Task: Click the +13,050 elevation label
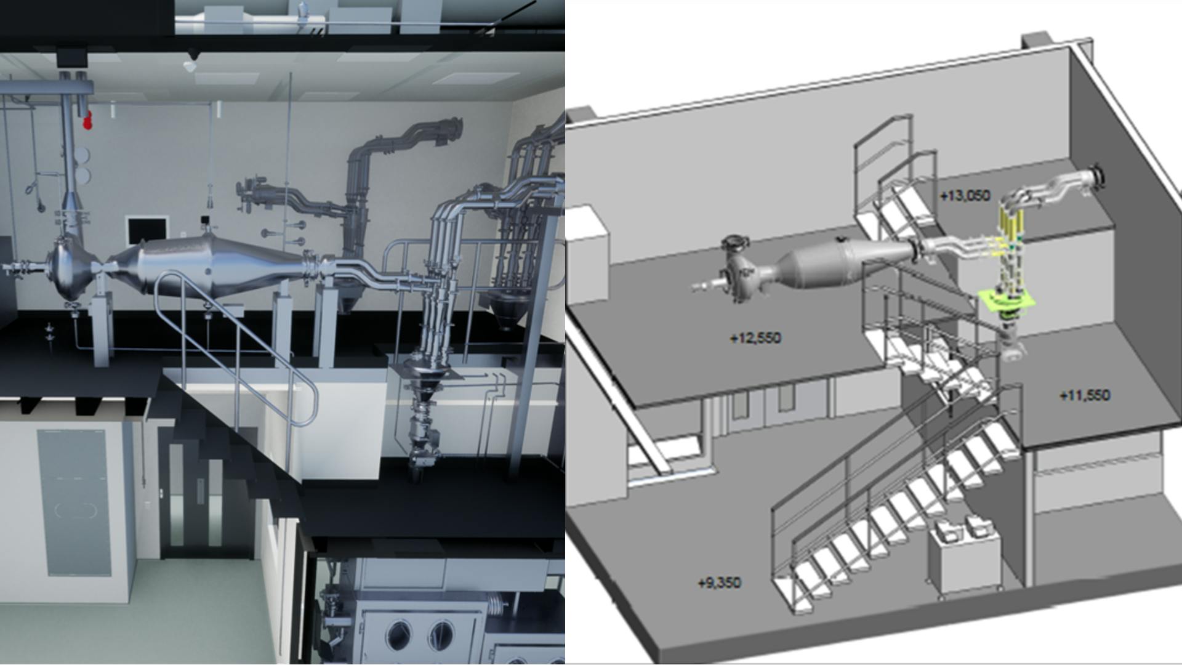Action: [x=965, y=196]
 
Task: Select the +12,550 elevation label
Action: [x=755, y=338]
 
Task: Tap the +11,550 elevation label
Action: [x=1085, y=395]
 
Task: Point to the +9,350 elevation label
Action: [x=719, y=582]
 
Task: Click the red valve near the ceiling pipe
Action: [x=87, y=120]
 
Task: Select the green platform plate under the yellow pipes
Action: [x=1007, y=302]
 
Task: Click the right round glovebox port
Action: [x=441, y=635]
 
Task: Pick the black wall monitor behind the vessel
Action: [x=147, y=231]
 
